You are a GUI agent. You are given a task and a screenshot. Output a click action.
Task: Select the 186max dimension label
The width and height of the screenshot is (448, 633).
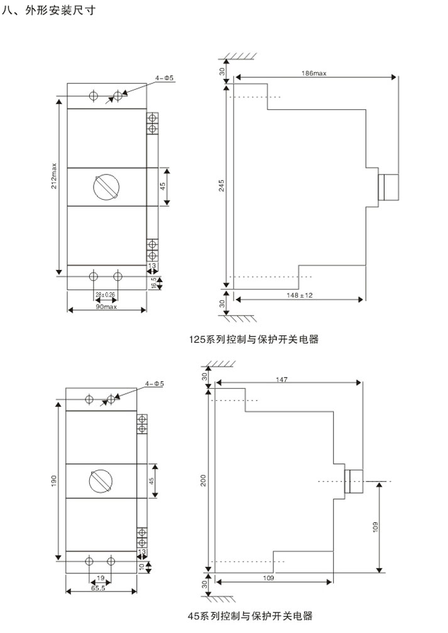click(314, 73)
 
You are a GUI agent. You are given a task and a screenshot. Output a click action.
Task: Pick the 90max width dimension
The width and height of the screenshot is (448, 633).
click(106, 307)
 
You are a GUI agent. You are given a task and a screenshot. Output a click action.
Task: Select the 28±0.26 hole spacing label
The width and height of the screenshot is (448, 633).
click(106, 294)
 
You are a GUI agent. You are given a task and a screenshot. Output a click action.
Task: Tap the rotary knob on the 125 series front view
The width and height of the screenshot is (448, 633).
click(104, 187)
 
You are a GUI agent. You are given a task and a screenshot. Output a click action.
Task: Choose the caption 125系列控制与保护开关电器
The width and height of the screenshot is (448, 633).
click(254, 340)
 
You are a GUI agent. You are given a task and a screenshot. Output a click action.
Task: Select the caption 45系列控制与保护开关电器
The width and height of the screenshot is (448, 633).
click(249, 616)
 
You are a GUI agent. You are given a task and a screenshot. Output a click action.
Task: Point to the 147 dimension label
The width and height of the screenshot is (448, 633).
click(285, 379)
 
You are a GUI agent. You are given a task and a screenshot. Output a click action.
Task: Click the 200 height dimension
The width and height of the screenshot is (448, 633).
click(202, 480)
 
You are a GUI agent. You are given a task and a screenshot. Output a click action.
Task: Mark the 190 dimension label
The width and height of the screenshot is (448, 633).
click(54, 480)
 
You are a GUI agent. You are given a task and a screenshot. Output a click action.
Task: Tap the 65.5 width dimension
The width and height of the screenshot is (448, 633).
click(99, 590)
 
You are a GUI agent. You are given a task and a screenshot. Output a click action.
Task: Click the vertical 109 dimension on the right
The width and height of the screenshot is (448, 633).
click(375, 526)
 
